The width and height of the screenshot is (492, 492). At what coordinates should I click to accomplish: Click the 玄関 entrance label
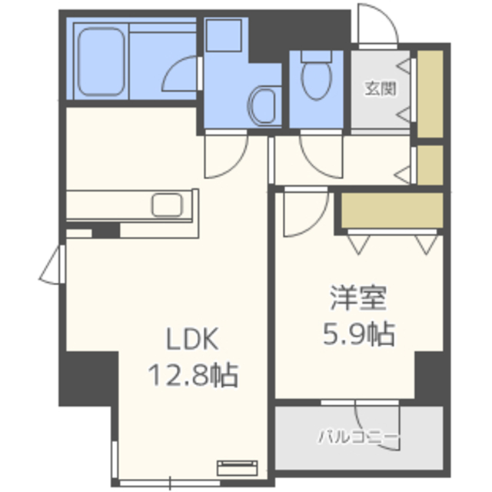(x=381, y=89)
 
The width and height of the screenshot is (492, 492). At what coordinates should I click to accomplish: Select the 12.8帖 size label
(x=193, y=374)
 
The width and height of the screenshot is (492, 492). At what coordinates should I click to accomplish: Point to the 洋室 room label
(x=358, y=298)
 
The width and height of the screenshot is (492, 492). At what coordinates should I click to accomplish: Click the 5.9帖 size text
(x=359, y=334)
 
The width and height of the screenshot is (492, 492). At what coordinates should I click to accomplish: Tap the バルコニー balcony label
(x=359, y=437)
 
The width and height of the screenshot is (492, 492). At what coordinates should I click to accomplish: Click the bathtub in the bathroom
(x=101, y=61)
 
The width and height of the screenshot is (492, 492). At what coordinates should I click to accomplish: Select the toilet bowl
(x=316, y=75)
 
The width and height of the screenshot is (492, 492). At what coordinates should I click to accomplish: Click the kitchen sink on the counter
(x=167, y=205)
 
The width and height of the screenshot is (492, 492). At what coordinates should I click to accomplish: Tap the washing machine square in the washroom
(x=224, y=35)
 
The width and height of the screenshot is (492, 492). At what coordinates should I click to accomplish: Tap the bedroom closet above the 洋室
(x=392, y=210)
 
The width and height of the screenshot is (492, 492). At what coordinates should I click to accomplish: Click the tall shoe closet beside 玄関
(x=430, y=94)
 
